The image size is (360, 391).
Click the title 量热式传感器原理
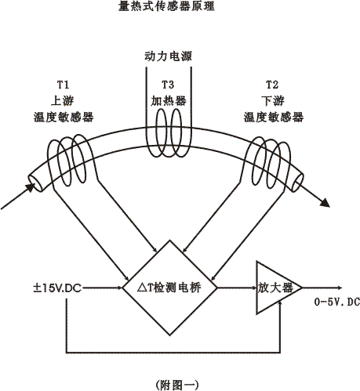pyautogui.click(x=166, y=5)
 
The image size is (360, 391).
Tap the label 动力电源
pyautogui.click(x=169, y=56)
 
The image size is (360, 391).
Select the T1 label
pyautogui.click(x=63, y=85)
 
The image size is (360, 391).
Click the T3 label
pyautogui.click(x=168, y=85)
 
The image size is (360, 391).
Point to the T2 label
pyautogui.click(x=272, y=85)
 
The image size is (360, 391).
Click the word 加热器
pyautogui.click(x=169, y=101)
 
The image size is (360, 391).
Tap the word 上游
pyautogui.click(x=63, y=101)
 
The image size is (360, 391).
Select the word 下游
pyautogui.click(x=273, y=101)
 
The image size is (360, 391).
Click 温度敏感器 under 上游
pyautogui.click(x=64, y=117)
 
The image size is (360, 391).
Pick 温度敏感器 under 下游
pyautogui.click(x=274, y=117)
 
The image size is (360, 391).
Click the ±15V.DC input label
pyautogui.click(x=57, y=288)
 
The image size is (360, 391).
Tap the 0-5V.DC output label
pyautogui.click(x=337, y=302)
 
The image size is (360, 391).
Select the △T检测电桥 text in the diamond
pyautogui.click(x=169, y=288)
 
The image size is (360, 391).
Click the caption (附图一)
pyautogui.click(x=177, y=385)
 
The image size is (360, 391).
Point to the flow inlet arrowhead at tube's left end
pyautogui.click(x=31, y=187)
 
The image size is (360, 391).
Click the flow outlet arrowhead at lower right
pyautogui.click(x=325, y=203)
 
